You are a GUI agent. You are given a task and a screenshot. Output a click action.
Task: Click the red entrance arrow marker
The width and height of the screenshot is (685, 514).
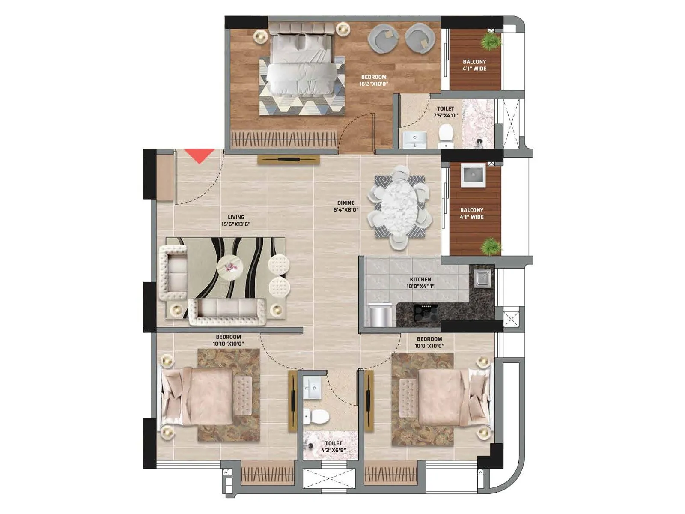point(199,155)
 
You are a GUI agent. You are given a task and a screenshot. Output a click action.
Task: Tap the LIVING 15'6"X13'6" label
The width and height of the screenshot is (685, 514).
point(236,221)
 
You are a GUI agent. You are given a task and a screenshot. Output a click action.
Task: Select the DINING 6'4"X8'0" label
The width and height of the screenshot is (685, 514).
point(346,206)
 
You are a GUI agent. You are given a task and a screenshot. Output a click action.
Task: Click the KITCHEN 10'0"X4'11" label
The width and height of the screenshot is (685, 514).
point(420,283)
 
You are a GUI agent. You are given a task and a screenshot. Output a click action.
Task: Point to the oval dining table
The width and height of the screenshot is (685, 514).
point(398,207)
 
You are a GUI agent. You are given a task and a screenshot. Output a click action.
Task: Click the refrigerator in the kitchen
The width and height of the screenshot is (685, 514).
point(380,315)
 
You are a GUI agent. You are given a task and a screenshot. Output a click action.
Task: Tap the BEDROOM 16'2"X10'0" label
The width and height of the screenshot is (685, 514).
point(374,81)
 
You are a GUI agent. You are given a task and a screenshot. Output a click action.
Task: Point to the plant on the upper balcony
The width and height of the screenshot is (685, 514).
point(490,41)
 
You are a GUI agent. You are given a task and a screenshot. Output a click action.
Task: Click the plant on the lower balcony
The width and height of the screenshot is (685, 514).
point(490,247)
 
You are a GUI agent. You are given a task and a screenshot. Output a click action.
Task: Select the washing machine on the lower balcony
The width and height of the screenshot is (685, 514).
point(473,175)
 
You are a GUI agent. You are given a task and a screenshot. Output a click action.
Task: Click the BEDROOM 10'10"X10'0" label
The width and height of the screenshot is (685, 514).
point(229,340)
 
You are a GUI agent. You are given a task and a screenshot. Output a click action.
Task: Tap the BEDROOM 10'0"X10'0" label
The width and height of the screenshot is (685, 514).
point(429,342)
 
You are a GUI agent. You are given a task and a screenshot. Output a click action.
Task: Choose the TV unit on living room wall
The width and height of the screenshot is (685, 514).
point(289,160)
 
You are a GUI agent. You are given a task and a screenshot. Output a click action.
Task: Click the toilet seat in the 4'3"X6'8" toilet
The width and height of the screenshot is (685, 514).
point(316,416)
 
